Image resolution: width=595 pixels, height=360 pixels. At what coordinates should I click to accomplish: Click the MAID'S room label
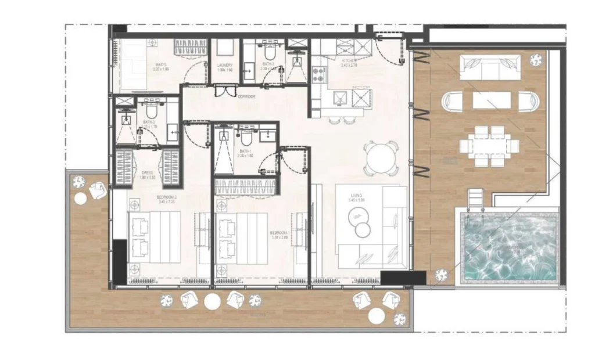tap(160, 64)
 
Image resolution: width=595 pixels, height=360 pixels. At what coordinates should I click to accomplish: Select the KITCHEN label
tap(349, 60)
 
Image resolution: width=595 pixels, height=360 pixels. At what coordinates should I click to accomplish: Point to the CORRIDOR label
tap(246, 97)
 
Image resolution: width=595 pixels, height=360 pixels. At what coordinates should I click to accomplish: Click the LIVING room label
tap(356, 196)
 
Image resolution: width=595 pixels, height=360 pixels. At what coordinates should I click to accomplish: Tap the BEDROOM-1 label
tap(279, 233)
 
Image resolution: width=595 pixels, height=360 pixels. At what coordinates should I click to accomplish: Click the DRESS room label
tap(148, 172)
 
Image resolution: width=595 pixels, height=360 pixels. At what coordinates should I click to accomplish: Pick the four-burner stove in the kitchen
tap(320, 73)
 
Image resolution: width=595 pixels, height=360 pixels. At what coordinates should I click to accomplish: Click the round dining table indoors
tap(381, 157)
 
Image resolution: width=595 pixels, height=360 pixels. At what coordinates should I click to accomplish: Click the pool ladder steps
tap(475, 201)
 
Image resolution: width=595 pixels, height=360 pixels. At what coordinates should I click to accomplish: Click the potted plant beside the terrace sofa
tap(536, 59)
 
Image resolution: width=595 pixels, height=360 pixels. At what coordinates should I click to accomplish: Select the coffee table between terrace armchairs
tap(492, 100)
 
